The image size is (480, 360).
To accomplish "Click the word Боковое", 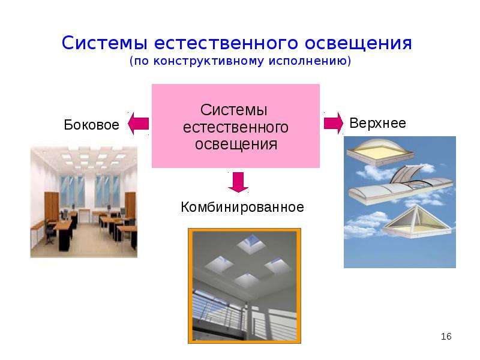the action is pyautogui.click(x=91, y=125).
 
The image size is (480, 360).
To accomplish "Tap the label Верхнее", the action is pyautogui.click(x=378, y=124).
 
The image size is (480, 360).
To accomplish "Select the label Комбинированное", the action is pyautogui.click(x=242, y=207).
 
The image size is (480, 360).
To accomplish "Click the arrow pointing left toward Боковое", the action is pyautogui.click(x=139, y=124).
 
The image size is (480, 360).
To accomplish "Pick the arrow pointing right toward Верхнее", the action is pyautogui.click(x=334, y=123).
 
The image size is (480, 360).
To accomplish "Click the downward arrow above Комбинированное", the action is pyautogui.click(x=238, y=182).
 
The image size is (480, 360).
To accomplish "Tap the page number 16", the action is pyautogui.click(x=446, y=337).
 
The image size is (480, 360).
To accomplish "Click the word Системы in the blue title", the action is pyautogui.click(x=104, y=43).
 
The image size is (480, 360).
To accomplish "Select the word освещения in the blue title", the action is pyautogui.click(x=358, y=43).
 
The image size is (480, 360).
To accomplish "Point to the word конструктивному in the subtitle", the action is pyautogui.click(x=208, y=61).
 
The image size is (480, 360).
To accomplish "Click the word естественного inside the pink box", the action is pyautogui.click(x=235, y=128).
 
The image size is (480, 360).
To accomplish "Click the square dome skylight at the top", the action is pyautogui.click(x=380, y=152).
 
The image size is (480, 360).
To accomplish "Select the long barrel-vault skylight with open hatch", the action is pyautogui.click(x=400, y=185).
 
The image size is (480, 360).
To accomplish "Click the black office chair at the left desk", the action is pyautogui.click(x=50, y=232).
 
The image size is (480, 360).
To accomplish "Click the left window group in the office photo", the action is pyautogui.click(x=72, y=191).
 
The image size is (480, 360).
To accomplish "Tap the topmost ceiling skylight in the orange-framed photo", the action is pyautogui.click(x=251, y=243).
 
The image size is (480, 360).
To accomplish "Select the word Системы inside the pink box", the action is pyautogui.click(x=234, y=110).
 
